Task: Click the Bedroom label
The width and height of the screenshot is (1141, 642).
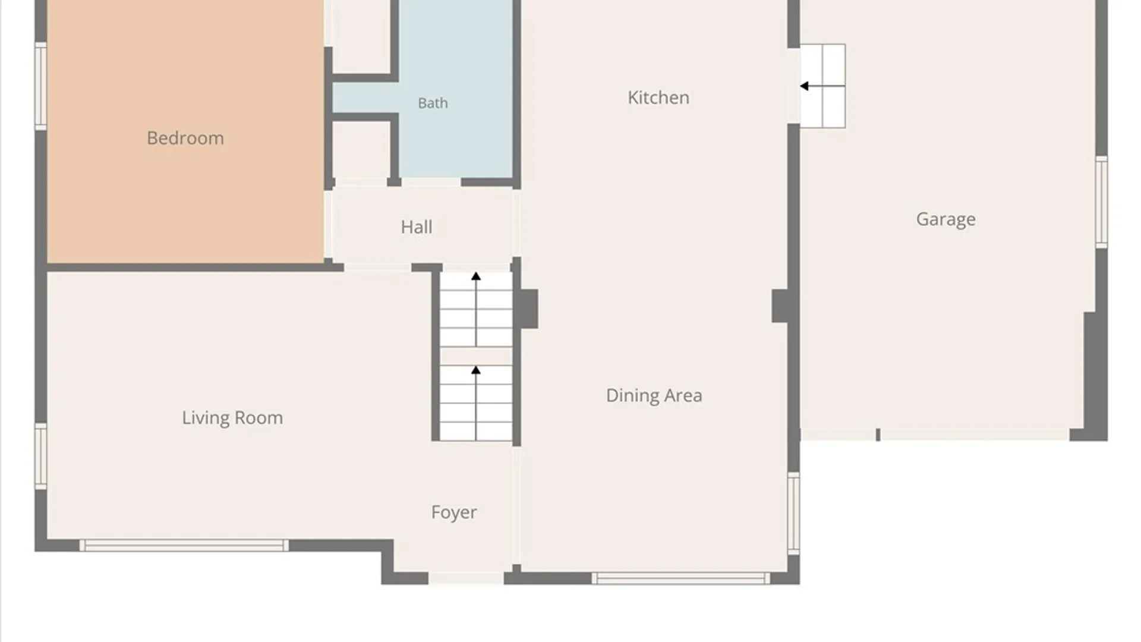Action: (x=185, y=139)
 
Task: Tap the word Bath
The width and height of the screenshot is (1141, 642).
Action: (x=433, y=103)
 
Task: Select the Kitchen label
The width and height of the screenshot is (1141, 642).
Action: (x=658, y=97)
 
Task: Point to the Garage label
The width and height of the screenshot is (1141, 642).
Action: (x=945, y=219)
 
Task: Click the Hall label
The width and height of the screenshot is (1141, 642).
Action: (x=417, y=227)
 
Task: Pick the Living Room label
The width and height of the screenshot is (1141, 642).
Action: (x=232, y=418)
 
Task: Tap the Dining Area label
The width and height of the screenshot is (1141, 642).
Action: (x=654, y=395)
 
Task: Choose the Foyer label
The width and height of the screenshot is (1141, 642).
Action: (x=454, y=512)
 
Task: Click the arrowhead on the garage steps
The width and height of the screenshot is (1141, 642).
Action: (x=804, y=86)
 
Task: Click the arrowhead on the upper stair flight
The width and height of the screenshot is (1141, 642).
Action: (x=476, y=276)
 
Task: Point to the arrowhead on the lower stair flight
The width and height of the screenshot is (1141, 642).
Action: (x=476, y=370)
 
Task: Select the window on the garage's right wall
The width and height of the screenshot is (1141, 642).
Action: (x=1102, y=202)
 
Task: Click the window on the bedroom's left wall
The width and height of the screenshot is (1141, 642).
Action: (x=40, y=86)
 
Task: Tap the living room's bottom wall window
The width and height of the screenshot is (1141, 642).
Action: (x=184, y=546)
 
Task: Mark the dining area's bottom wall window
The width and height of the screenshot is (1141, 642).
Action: (x=681, y=578)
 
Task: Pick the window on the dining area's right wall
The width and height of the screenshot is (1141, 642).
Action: (x=794, y=514)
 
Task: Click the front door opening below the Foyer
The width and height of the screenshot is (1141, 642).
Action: (x=466, y=578)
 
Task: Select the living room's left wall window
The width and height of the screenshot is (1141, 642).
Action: (x=40, y=456)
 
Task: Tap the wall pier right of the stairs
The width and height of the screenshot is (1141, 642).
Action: (x=526, y=309)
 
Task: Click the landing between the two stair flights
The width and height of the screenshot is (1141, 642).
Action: (x=476, y=356)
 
